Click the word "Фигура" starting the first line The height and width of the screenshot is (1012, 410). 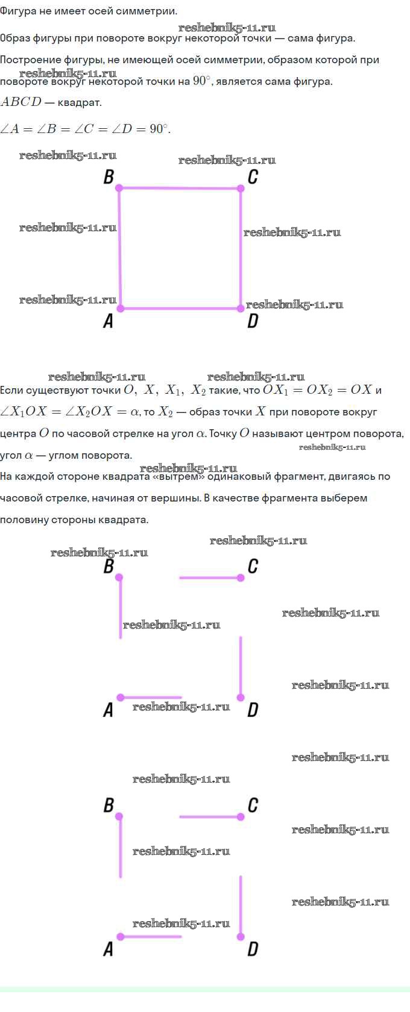(x=18, y=11)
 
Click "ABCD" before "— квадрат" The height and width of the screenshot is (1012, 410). (x=21, y=102)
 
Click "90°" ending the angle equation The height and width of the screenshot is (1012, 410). (x=159, y=129)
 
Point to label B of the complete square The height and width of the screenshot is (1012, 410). (x=109, y=177)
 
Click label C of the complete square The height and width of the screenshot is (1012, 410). (x=253, y=177)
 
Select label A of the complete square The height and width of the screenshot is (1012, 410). (x=108, y=321)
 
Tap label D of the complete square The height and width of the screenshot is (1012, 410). (x=253, y=321)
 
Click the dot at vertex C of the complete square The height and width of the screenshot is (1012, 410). (x=241, y=188)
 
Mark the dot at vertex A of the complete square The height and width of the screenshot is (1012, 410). (x=120, y=308)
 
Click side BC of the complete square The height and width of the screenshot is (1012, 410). (x=180, y=188)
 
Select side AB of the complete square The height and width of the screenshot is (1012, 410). (x=120, y=248)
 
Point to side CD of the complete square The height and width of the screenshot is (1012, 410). (x=241, y=248)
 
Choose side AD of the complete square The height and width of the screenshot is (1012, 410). (x=180, y=308)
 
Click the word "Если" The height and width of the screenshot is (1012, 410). (x=11, y=390)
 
